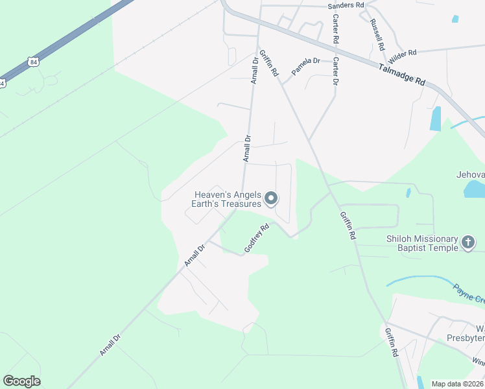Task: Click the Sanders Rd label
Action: (x=346, y=5)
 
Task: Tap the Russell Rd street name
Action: (x=377, y=34)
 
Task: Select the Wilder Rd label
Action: (x=402, y=51)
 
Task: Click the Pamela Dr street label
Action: (x=305, y=66)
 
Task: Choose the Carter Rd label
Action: (x=336, y=30)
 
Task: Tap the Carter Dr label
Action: (x=335, y=71)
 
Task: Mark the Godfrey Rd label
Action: (x=256, y=239)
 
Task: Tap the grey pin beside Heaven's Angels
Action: (x=272, y=199)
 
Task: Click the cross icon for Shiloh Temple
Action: (x=468, y=243)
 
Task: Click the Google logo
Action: (x=21, y=381)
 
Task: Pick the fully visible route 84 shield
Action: (x=32, y=62)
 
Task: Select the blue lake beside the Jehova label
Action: (x=474, y=189)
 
